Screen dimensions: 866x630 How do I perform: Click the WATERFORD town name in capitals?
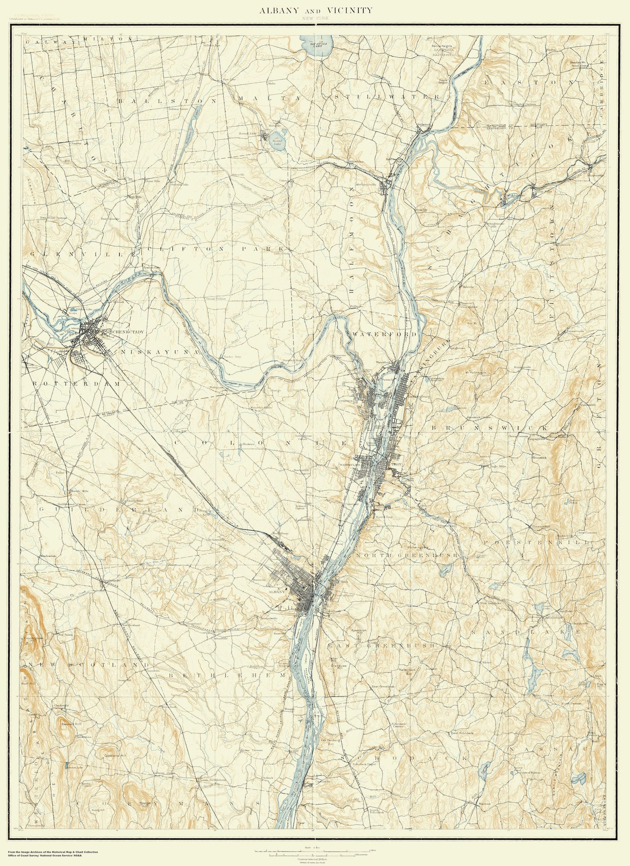384,334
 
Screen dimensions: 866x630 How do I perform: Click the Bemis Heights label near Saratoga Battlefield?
442,46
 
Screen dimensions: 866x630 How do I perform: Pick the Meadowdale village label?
48,556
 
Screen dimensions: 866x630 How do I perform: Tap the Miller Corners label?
543,695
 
